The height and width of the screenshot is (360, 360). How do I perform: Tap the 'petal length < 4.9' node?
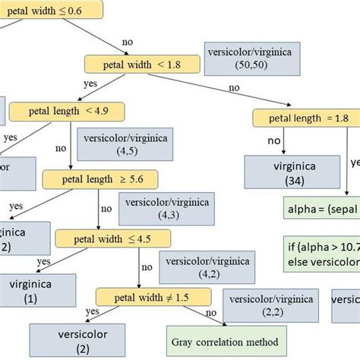(x=67, y=112)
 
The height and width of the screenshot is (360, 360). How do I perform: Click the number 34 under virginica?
(x=286, y=182)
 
